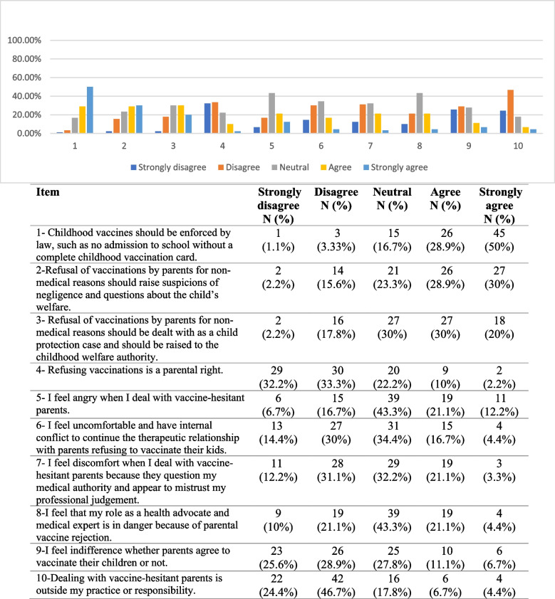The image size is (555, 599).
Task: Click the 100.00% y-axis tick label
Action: click(x=25, y=41)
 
